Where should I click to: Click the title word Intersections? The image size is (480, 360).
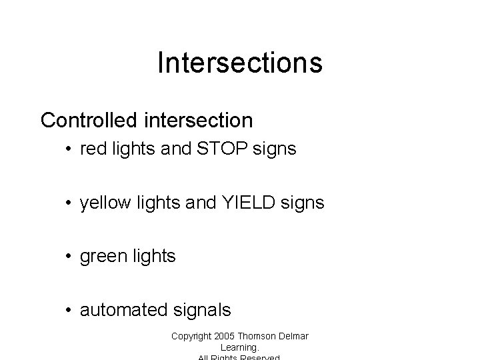[x=240, y=63]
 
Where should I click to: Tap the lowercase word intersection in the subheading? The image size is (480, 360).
[x=198, y=120]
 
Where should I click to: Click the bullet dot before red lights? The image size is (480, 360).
[x=69, y=150]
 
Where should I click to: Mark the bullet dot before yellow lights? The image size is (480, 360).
[x=69, y=203]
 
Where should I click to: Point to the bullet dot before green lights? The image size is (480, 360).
[x=69, y=257]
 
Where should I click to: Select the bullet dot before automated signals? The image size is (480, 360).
[x=69, y=310]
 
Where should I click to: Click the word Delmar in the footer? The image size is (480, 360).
[x=295, y=336]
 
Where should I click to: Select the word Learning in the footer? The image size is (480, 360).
[x=238, y=347]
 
